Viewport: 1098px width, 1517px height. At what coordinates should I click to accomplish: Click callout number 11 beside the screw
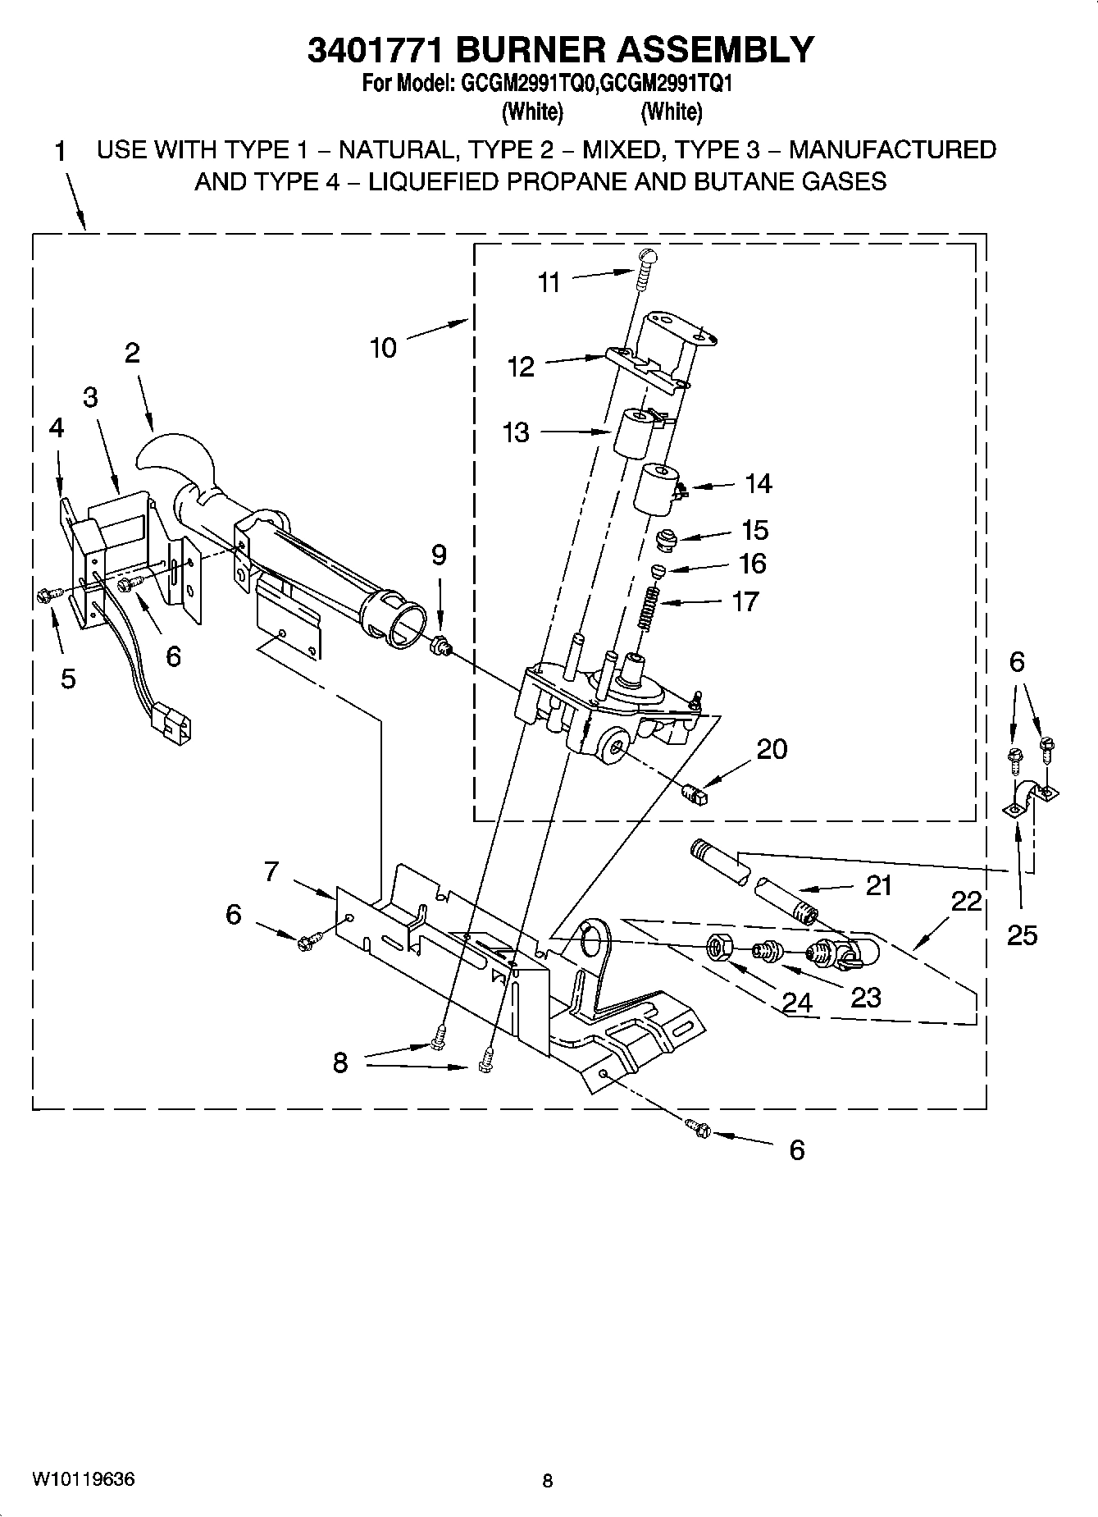point(549,282)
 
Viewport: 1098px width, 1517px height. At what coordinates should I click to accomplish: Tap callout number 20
point(772,748)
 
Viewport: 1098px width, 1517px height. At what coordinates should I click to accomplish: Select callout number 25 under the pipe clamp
point(1022,934)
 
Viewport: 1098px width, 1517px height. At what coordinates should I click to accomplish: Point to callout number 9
point(439,555)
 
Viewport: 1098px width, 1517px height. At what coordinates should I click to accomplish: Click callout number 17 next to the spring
point(745,601)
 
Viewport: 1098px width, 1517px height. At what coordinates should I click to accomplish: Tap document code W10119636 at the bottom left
point(84,1480)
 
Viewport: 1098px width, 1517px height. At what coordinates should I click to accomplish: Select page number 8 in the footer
point(548,1481)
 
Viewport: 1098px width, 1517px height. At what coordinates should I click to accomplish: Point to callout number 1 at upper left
point(60,151)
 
